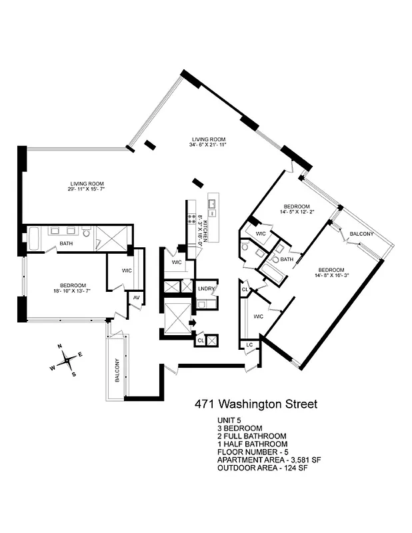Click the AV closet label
pyautogui.click(x=135, y=298)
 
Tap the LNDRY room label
pyautogui.click(x=205, y=288)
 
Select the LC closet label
pyautogui.click(x=249, y=344)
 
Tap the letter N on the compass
pyautogui.click(x=59, y=346)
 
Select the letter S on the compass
pyautogui.click(x=73, y=374)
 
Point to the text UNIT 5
pyautogui.click(x=229, y=420)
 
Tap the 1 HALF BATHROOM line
pyautogui.click(x=252, y=444)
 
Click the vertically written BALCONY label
pyautogui.click(x=117, y=370)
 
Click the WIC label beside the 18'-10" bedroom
pyautogui.click(x=127, y=271)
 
